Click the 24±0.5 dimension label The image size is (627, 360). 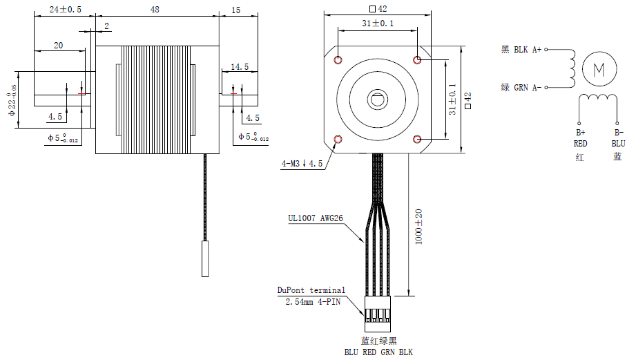click(x=65, y=10)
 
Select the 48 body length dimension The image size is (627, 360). click(x=155, y=10)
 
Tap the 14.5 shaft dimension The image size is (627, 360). click(x=240, y=67)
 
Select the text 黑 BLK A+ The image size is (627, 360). click(x=521, y=50)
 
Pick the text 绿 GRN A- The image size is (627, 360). click(x=521, y=87)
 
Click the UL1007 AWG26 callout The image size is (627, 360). click(x=316, y=219)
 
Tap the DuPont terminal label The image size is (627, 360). click(x=311, y=290)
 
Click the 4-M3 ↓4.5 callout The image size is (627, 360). click(x=302, y=164)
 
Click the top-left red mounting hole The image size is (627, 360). click(x=338, y=60)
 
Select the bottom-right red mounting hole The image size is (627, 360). click(x=418, y=140)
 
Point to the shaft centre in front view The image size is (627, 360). click(x=378, y=100)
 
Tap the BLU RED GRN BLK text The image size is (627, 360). click(x=378, y=352)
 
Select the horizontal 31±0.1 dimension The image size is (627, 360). click(x=378, y=23)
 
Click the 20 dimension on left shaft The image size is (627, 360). click(x=58, y=45)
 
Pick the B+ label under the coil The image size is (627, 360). click(x=580, y=133)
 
